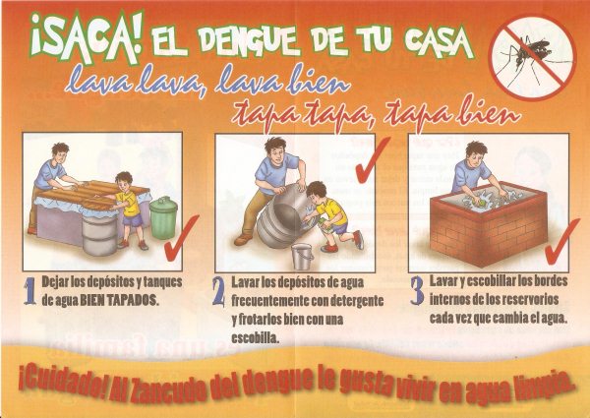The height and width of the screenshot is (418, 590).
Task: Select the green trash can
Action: (x=163, y=217)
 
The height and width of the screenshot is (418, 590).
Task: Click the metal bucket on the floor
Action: (x=303, y=257)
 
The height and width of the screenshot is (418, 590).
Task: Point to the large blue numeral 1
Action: (x=29, y=291)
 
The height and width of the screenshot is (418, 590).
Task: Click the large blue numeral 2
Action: (x=218, y=291)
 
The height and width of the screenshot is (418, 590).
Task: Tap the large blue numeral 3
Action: (x=417, y=290)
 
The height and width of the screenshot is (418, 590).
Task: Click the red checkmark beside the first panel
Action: (x=181, y=239)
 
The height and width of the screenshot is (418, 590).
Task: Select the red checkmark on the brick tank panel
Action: (x=561, y=241)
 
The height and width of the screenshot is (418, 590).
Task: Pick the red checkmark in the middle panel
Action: (x=372, y=160)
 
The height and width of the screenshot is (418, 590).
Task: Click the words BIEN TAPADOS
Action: (x=118, y=300)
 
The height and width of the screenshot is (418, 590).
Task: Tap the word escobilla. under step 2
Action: (x=256, y=338)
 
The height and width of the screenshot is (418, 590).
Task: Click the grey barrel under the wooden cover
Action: (x=99, y=235)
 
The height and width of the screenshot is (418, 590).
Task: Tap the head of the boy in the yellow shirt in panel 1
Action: (x=124, y=181)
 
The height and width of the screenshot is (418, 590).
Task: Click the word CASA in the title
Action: (x=439, y=41)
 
